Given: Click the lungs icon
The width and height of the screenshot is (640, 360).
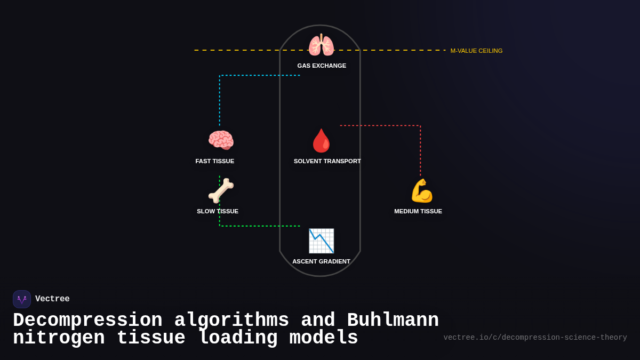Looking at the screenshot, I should pyautogui.click(x=321, y=45).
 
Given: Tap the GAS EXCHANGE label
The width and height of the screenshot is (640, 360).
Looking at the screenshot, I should pyautogui.click(x=322, y=66).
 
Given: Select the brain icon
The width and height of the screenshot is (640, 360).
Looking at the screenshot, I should pyautogui.click(x=221, y=140).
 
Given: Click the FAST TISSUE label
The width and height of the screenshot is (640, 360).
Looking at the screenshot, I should pyautogui.click(x=214, y=161).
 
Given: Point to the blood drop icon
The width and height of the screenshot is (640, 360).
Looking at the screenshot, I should pyautogui.click(x=321, y=140).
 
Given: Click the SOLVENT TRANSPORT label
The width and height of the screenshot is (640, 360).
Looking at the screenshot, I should pyautogui.click(x=327, y=161).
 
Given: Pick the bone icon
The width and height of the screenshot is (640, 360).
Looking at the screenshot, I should pyautogui.click(x=221, y=190).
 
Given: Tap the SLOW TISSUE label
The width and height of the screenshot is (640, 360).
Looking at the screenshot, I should pyautogui.click(x=218, y=211).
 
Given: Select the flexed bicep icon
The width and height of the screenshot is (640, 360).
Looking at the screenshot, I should pyautogui.click(x=421, y=190).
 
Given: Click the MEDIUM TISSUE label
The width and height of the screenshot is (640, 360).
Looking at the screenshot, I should pyautogui.click(x=418, y=211).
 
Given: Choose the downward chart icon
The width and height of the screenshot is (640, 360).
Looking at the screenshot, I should pyautogui.click(x=321, y=241).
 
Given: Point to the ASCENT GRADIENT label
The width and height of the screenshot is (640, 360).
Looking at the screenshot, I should pyautogui.click(x=321, y=261).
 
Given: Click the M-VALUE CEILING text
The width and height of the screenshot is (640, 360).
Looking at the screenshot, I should pyautogui.click(x=476, y=51).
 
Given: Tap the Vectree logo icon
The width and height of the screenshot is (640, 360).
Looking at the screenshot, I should pyautogui.click(x=22, y=299).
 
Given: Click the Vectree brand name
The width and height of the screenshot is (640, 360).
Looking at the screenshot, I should pyautogui.click(x=52, y=299).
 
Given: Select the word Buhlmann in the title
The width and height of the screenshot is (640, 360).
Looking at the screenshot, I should pyautogui.click(x=393, y=321).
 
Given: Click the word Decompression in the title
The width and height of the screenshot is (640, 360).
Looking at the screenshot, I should pyautogui.click(x=87, y=321).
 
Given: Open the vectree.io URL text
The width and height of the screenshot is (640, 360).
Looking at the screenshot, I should pyautogui.click(x=535, y=338).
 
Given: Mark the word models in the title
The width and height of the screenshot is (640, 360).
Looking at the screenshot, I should pyautogui.click(x=324, y=338).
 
